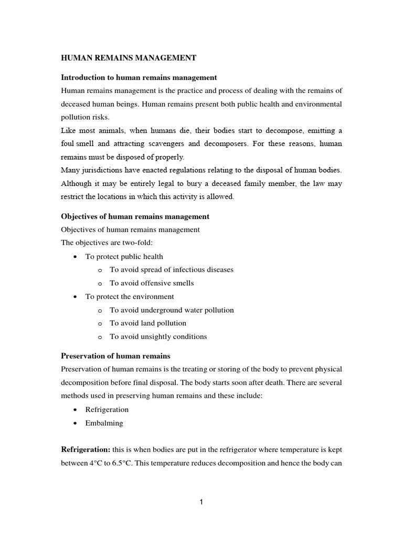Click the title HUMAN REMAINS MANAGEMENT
[129, 58]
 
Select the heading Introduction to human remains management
[139, 77]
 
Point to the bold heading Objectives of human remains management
[135, 216]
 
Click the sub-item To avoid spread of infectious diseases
[171, 270]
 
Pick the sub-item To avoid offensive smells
[152, 283]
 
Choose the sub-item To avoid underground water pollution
[172, 310]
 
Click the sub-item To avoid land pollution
[148, 323]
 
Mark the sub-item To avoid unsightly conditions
[158, 337]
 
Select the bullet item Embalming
[104, 423]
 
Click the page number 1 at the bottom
[201, 502]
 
